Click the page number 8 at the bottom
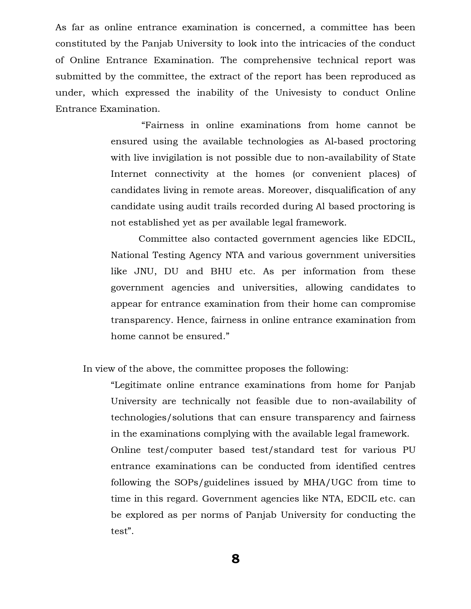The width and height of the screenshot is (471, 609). [235, 559]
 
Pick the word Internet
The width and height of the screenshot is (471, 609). [129, 174]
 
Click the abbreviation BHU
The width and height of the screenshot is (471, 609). [221, 271]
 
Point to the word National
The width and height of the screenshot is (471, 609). [129, 255]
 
